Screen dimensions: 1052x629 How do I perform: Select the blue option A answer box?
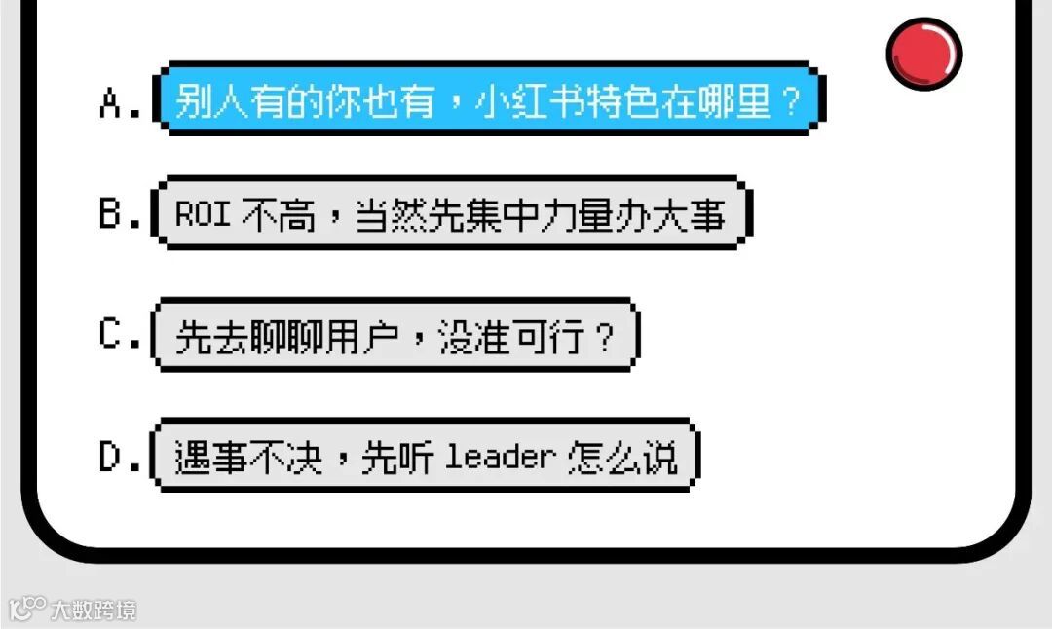pos(487,99)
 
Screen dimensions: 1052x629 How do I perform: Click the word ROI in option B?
pos(203,215)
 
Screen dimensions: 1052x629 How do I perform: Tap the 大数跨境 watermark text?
pos(94,610)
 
